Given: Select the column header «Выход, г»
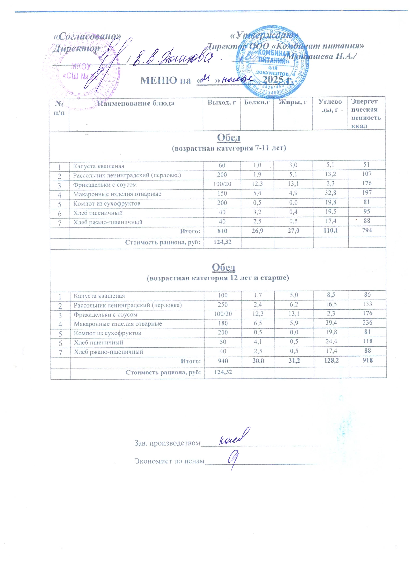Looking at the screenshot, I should [222, 102].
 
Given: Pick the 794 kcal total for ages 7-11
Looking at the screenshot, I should [367, 230].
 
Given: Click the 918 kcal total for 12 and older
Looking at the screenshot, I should [368, 360].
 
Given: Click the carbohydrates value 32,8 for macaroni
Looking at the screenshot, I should [330, 193].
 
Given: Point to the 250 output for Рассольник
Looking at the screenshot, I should [223, 304].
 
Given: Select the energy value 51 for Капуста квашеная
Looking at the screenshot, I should [366, 165].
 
